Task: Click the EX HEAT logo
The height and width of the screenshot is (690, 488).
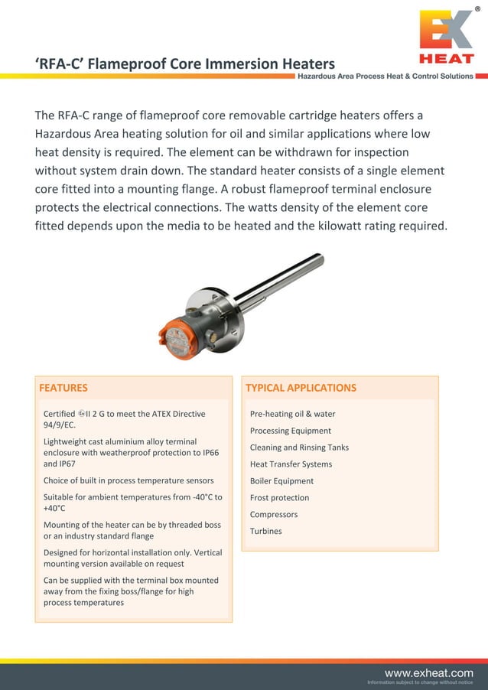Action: click(x=446, y=37)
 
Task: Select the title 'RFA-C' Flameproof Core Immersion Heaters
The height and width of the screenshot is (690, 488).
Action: click(x=185, y=63)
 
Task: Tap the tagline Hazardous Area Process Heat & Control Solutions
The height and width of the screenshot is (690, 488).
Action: click(x=385, y=76)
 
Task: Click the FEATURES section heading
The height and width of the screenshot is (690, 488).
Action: click(x=63, y=388)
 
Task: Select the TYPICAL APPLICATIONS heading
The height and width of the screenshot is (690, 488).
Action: click(x=301, y=388)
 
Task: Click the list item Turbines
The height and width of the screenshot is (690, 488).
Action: click(x=265, y=531)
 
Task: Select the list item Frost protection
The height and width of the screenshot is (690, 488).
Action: click(x=279, y=497)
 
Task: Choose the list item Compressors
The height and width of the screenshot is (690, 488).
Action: click(x=274, y=514)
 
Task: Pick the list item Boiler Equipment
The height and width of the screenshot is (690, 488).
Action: click(x=281, y=480)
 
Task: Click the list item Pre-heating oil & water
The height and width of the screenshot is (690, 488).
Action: click(x=292, y=414)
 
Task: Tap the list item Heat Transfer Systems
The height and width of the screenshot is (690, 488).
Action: click(x=291, y=464)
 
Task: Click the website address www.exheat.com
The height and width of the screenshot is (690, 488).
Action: click(x=428, y=672)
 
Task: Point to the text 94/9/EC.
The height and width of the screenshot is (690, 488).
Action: click(x=60, y=425)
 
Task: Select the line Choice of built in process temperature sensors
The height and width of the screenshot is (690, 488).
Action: click(x=129, y=480)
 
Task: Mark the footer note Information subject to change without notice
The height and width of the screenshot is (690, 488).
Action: click(x=420, y=682)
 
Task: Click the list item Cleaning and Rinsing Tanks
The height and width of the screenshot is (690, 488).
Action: click(x=299, y=448)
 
